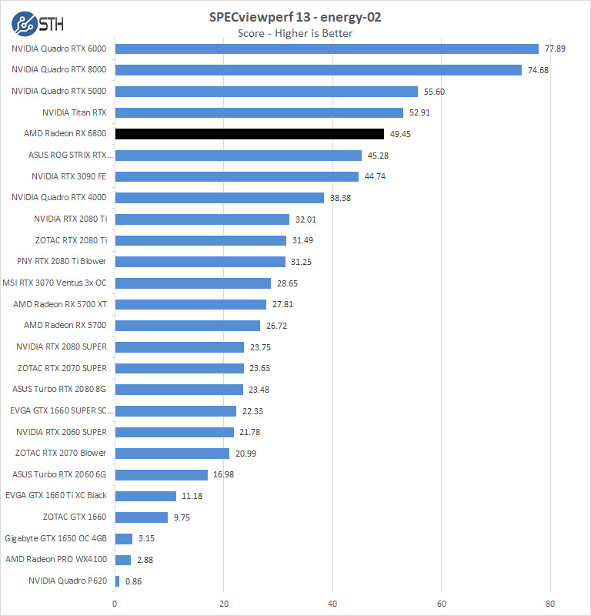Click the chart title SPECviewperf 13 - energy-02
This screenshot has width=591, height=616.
[x=295, y=17]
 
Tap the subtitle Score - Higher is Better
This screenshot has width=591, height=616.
[x=295, y=33]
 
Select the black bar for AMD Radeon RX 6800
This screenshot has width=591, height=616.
[x=249, y=134]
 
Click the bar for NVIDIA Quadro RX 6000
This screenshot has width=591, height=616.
[x=326, y=49]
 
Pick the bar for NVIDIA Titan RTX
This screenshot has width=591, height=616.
[x=259, y=112]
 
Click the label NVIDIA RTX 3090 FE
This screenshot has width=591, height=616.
[x=68, y=176]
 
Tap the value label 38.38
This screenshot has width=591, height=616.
[x=342, y=198]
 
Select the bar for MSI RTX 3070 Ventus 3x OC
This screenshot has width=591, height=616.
[x=192, y=283]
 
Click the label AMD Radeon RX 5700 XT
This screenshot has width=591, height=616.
[x=60, y=304]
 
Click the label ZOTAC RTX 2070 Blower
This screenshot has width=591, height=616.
[x=61, y=453]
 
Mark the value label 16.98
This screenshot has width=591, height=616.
[x=223, y=474]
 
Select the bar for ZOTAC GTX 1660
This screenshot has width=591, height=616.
[x=141, y=517]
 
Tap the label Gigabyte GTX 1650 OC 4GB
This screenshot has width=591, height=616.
[x=55, y=538]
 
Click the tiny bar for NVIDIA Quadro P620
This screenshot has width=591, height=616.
[x=117, y=581]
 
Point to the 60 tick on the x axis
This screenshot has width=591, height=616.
[x=442, y=604]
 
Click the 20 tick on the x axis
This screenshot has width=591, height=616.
[x=224, y=604]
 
